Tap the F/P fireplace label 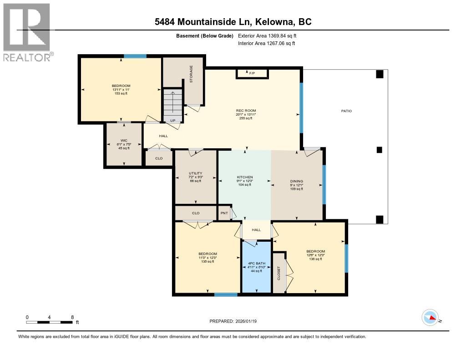click(x=252, y=73)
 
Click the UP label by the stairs click(x=173, y=121)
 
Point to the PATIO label click(x=346, y=111)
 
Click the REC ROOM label click(x=246, y=111)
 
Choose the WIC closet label click(x=123, y=141)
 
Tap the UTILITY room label click(x=196, y=173)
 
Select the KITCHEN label click(x=245, y=177)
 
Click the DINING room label click(x=297, y=181)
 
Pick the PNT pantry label click(x=224, y=213)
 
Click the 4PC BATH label click(x=256, y=263)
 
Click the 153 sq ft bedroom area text click(x=121, y=93)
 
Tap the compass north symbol click(x=430, y=317)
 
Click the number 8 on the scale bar click(x=72, y=317)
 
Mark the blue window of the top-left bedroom click(x=135, y=56)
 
